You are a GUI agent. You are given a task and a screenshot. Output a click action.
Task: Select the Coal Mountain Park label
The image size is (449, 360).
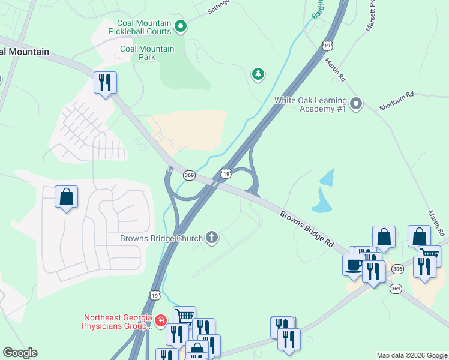tap(147, 53)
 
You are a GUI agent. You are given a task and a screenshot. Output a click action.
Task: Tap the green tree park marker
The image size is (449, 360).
tap(258, 73)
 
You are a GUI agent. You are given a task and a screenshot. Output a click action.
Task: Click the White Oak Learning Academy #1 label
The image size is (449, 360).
tap(310, 104)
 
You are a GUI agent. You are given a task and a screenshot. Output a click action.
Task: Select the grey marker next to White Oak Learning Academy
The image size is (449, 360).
tap(356, 104)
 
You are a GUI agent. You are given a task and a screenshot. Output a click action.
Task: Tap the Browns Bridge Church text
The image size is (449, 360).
tap(161, 238)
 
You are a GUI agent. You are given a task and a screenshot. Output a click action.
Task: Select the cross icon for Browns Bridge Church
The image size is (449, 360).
tap(211, 238)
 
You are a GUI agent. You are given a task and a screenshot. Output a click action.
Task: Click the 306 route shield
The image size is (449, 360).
tap(397, 269)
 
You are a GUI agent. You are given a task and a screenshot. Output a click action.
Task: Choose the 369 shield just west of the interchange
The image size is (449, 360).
tap(189, 175)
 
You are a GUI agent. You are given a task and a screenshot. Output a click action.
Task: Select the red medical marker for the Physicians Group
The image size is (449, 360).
tap(160, 322)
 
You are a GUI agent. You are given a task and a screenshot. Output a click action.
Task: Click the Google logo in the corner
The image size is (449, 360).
tap(20, 353)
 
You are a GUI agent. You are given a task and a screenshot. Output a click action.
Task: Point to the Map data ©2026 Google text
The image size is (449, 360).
tap(412, 355)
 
